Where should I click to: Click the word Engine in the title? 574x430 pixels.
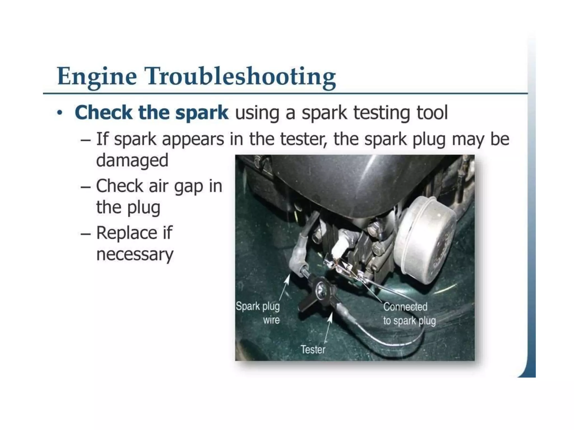[97, 76]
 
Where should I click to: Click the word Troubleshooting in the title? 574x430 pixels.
[240, 76]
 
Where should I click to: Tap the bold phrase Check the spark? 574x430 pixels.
[151, 113]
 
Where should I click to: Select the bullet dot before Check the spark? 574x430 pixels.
[59, 113]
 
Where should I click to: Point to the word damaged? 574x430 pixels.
[132, 160]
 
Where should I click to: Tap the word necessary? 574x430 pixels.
[135, 254]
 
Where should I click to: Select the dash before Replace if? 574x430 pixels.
[85, 233]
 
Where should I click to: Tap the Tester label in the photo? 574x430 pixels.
[313, 349]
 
